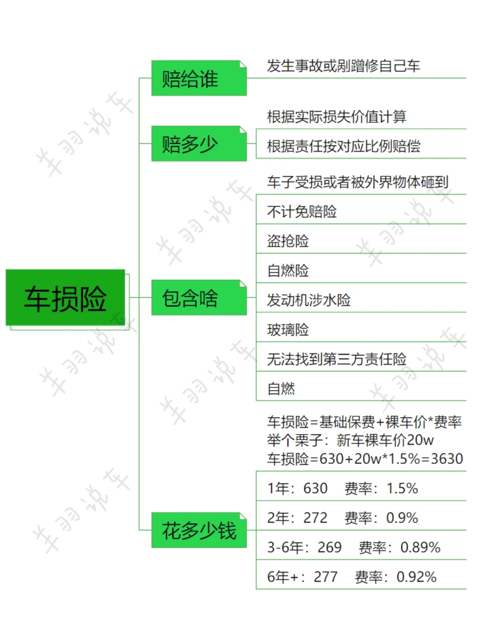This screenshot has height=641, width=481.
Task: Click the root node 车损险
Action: [x=65, y=298]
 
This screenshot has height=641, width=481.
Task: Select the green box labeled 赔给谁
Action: [x=199, y=78]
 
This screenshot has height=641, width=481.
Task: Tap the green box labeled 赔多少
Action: [x=199, y=144]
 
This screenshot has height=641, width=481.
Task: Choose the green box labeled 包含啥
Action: [x=199, y=298]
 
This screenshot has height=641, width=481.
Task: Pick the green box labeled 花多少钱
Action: [x=199, y=530]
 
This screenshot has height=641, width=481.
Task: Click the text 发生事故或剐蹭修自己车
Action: [x=343, y=66]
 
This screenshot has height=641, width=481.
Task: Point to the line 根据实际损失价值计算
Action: [x=337, y=117]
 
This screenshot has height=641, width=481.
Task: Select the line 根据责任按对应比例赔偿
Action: [x=343, y=146]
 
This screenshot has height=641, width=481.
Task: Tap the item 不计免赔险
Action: [x=302, y=211]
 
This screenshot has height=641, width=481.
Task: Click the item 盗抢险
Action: [x=288, y=241]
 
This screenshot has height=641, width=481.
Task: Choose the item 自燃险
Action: [x=288, y=270]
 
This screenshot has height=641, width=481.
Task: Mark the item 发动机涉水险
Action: [x=309, y=300]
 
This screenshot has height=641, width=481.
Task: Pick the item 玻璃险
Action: [x=288, y=329]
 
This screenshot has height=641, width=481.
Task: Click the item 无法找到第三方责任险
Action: [x=337, y=359]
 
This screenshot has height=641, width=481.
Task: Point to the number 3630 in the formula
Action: [x=447, y=458]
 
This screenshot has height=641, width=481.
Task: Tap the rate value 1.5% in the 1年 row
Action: [x=402, y=488]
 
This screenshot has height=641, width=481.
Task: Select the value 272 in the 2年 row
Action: [x=315, y=518]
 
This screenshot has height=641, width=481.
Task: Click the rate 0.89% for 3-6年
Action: [x=420, y=547]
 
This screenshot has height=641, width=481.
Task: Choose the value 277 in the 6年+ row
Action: [x=326, y=577]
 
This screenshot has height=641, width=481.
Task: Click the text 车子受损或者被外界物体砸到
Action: [x=358, y=182]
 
